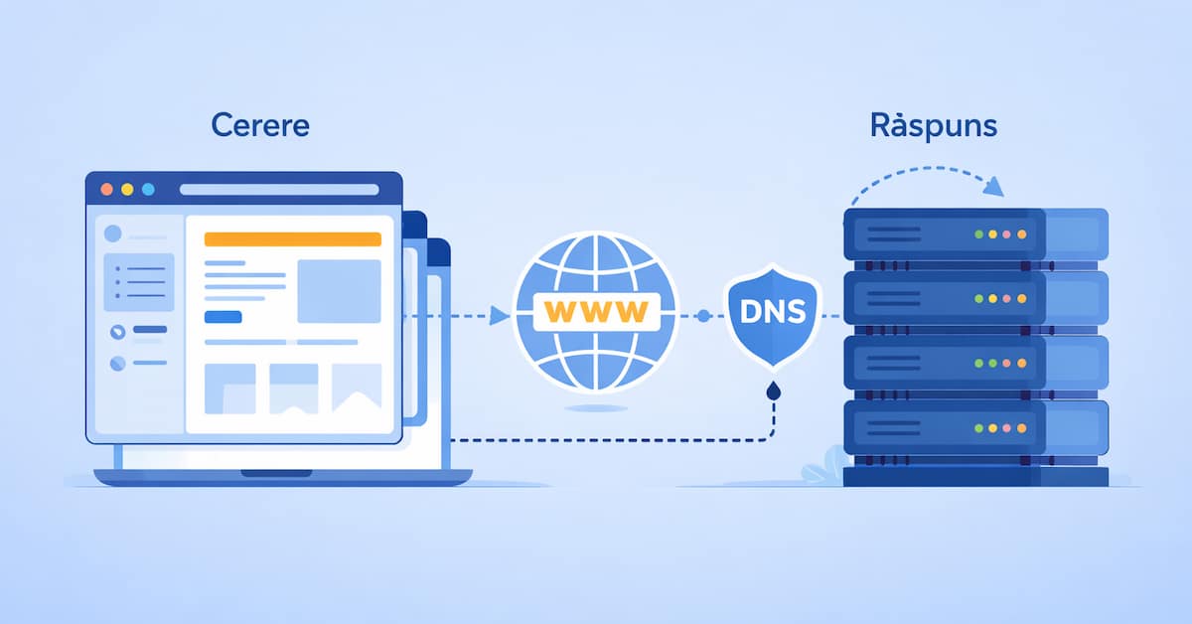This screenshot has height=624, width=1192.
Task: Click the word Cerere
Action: (x=260, y=125)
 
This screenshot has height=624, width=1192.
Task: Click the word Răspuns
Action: (x=934, y=125)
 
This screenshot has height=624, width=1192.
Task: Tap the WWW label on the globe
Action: (x=596, y=312)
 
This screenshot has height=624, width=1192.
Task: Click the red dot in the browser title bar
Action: (x=107, y=189)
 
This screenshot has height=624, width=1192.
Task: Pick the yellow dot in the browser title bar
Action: (x=127, y=189)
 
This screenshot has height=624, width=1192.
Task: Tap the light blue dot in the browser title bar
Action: (x=148, y=189)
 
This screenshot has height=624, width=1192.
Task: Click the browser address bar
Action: (x=279, y=190)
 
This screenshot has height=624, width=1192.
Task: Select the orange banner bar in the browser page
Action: (x=293, y=239)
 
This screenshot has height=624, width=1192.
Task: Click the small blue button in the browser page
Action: (x=223, y=317)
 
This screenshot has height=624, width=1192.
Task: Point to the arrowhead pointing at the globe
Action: (x=499, y=315)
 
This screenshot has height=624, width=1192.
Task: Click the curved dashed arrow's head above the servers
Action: (x=993, y=187)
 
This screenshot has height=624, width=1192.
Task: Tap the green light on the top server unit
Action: (x=978, y=234)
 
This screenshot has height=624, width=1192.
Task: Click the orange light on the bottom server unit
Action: (x=1022, y=428)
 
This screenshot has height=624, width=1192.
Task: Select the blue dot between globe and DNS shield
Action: (x=703, y=316)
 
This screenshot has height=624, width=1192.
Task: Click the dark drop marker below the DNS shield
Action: (x=773, y=391)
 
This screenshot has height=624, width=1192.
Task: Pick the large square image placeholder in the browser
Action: (x=340, y=291)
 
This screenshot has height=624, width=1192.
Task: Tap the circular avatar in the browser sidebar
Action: (x=113, y=234)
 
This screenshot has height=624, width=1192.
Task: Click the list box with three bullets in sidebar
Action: (x=139, y=282)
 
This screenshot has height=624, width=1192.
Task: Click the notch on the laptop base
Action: (x=277, y=473)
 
